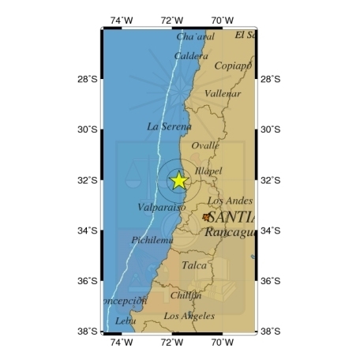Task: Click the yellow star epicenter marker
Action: (x=178, y=180)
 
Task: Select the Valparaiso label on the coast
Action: (x=161, y=207)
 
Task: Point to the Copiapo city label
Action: (x=233, y=66)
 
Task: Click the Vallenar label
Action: (x=223, y=93)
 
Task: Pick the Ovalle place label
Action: (x=205, y=145)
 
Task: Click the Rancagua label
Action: (x=230, y=232)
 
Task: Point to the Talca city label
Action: (x=194, y=265)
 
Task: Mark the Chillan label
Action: (x=186, y=295)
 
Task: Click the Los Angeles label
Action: (x=189, y=316)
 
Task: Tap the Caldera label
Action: (x=191, y=56)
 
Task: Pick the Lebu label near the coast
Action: (x=126, y=321)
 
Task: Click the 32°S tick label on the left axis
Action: (x=88, y=180)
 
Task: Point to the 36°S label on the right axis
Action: (x=270, y=281)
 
